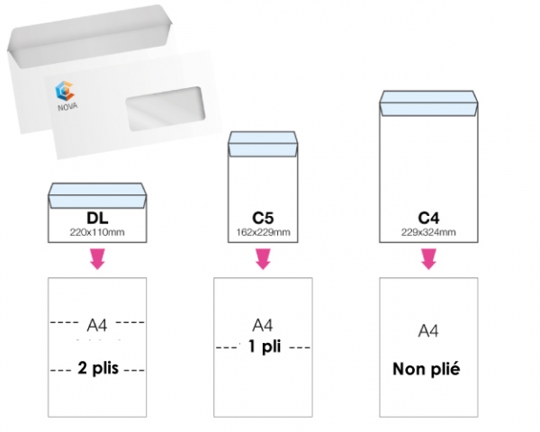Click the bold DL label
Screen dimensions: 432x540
click(x=97, y=218)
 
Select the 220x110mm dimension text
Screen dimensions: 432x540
click(x=96, y=232)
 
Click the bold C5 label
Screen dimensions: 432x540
click(x=263, y=219)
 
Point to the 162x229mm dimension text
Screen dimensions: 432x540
click(x=263, y=233)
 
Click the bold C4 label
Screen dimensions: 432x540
click(x=429, y=219)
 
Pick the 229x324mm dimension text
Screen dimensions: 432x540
click(x=429, y=233)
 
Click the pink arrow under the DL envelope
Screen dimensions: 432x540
click(x=97, y=259)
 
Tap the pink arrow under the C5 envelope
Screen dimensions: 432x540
click(x=263, y=259)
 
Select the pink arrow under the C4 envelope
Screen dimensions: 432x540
click(x=429, y=259)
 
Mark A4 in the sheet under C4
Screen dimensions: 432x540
click(x=429, y=331)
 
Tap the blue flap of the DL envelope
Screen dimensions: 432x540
click(x=97, y=193)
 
